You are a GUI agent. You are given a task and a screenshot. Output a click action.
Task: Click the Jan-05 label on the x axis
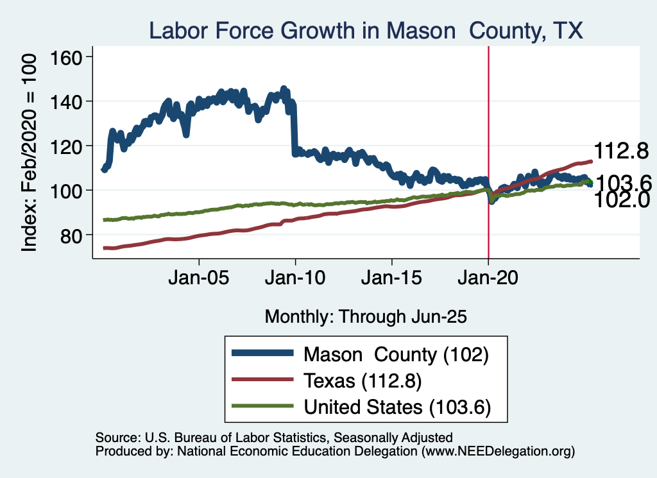(199, 280)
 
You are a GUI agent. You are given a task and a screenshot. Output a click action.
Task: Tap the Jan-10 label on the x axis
(295, 280)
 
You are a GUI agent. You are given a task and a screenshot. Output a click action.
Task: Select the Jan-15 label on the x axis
(392, 280)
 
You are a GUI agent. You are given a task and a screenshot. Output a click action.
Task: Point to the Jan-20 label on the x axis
(488, 280)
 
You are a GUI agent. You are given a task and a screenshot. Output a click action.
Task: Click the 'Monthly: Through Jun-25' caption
(365, 316)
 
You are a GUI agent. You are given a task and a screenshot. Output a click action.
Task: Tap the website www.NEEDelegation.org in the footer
(497, 452)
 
